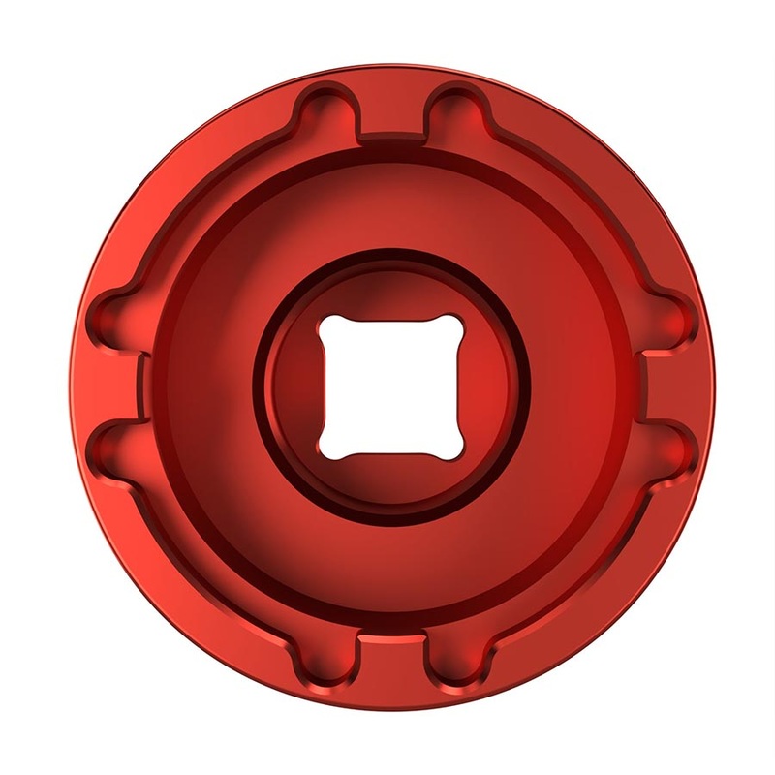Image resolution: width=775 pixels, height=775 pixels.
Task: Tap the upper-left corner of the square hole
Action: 326,324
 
